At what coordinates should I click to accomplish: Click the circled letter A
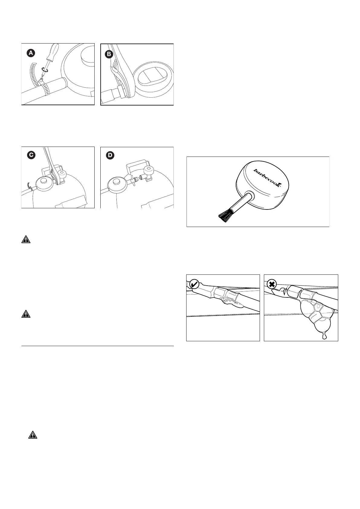click(31, 53)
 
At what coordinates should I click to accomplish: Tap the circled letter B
click(109, 54)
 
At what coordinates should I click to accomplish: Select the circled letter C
click(31, 155)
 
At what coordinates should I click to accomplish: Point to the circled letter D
click(110, 155)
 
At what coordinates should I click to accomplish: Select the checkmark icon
click(194, 284)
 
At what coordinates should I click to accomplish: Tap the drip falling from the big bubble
click(325, 336)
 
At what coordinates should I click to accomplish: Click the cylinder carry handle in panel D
click(138, 168)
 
